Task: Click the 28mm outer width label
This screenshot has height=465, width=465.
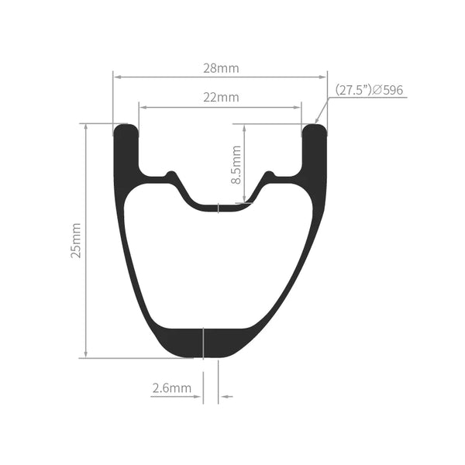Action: tap(221, 68)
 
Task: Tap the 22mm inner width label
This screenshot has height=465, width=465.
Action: tap(221, 98)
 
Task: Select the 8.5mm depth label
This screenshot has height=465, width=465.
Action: tap(236, 164)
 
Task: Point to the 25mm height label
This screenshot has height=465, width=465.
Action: tap(76, 240)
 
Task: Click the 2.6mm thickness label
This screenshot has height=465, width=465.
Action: tap(172, 388)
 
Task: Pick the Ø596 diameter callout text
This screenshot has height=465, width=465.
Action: tap(387, 90)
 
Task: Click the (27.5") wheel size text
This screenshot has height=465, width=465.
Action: tap(353, 90)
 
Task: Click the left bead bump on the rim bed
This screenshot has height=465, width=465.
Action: tap(170, 174)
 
